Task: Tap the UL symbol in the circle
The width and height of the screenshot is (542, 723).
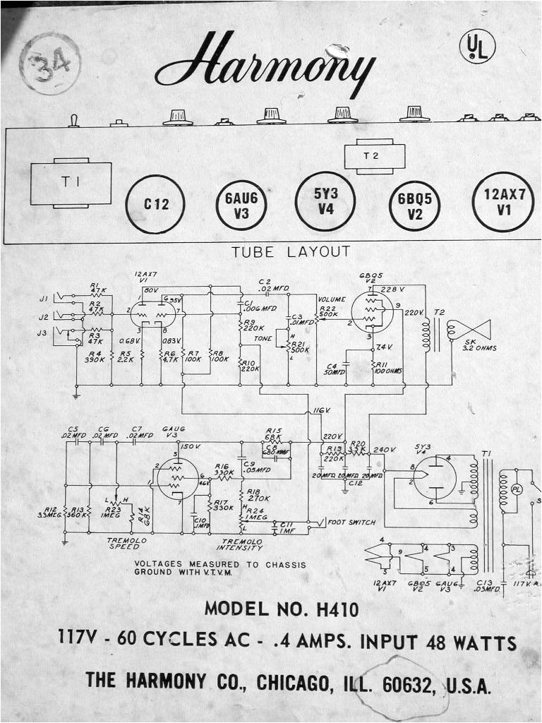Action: point(477,47)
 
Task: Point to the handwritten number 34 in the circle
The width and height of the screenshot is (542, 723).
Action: point(49,64)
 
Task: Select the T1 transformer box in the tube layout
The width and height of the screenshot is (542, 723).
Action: point(71,184)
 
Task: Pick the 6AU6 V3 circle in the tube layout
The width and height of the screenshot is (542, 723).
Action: point(241,205)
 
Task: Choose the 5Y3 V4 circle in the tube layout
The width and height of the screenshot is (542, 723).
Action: point(325,201)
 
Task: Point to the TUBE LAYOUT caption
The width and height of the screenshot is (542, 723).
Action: point(291,251)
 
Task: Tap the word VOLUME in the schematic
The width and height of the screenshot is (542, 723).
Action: point(332,300)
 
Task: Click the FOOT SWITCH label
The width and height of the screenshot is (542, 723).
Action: point(351,522)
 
